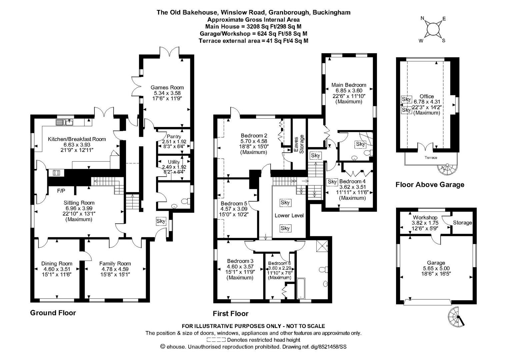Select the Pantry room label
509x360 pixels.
point(174,137)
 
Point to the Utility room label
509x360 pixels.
point(174,162)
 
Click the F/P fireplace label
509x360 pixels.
point(61,191)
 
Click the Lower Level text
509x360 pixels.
point(289,215)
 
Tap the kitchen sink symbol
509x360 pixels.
point(65,122)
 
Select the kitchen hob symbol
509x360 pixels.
point(55,173)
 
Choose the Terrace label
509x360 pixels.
point(431,158)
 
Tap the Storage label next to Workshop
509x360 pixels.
point(462,223)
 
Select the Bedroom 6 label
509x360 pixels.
point(279,263)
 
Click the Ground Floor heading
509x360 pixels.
point(53,313)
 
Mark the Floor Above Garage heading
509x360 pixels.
point(430,185)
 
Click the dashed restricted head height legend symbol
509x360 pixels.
point(216,340)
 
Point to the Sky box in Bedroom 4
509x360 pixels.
point(332,182)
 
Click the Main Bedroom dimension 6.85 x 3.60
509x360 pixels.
point(349,90)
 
